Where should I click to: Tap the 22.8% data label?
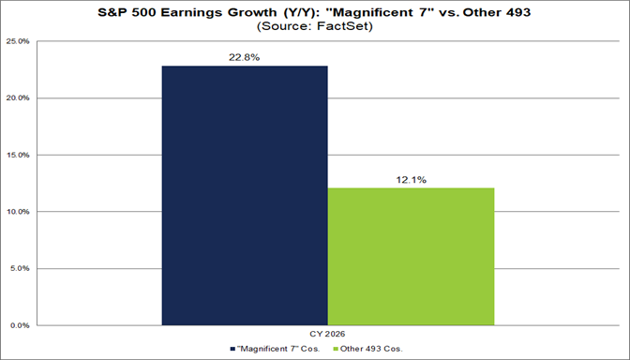245,56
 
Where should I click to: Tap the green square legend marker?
335,349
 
